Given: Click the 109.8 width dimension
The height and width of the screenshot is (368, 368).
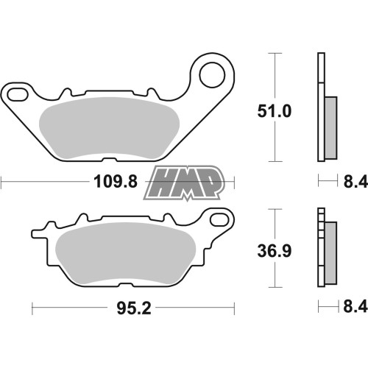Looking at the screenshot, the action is pos(116,182).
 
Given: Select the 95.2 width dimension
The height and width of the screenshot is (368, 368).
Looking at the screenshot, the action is pos(134,308).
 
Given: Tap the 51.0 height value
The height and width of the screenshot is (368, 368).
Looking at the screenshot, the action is pos(275,111).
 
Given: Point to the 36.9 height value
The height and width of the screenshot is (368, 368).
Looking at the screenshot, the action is pos(275,251).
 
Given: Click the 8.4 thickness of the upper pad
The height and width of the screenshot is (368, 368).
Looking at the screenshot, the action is pos(355,182).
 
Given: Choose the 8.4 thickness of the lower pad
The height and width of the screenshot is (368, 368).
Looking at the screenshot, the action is pos(355,306).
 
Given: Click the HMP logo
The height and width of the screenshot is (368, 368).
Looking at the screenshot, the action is pos(183,183).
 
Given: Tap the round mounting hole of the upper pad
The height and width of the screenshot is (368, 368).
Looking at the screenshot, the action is pos(212,74).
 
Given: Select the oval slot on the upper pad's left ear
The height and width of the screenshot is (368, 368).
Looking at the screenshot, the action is pos(18,95).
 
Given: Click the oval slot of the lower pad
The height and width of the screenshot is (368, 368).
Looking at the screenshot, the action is pos(219,220).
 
